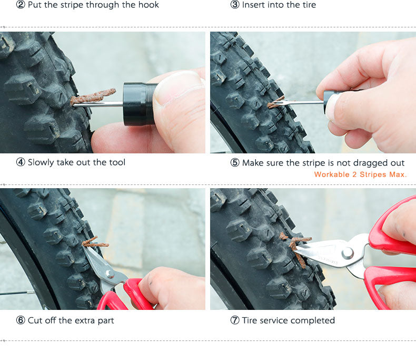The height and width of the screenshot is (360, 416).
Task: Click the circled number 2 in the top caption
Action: point(21,5)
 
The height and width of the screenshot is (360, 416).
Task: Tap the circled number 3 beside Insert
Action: point(235,5)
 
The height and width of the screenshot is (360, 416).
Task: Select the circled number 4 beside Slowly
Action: point(21,162)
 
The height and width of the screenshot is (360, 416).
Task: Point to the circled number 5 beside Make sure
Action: point(235,163)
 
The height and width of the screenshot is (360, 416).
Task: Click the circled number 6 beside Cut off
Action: point(21,320)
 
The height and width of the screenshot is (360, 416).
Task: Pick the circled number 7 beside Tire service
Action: point(235,320)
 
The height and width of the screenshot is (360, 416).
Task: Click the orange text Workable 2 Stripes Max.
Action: point(360,174)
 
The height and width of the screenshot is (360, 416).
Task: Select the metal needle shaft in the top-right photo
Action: point(300,102)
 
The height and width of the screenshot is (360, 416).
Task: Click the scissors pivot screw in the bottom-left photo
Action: point(109,274)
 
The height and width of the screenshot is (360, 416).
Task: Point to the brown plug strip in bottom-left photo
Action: point(94,243)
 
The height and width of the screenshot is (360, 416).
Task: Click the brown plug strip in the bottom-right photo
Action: point(296,248)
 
